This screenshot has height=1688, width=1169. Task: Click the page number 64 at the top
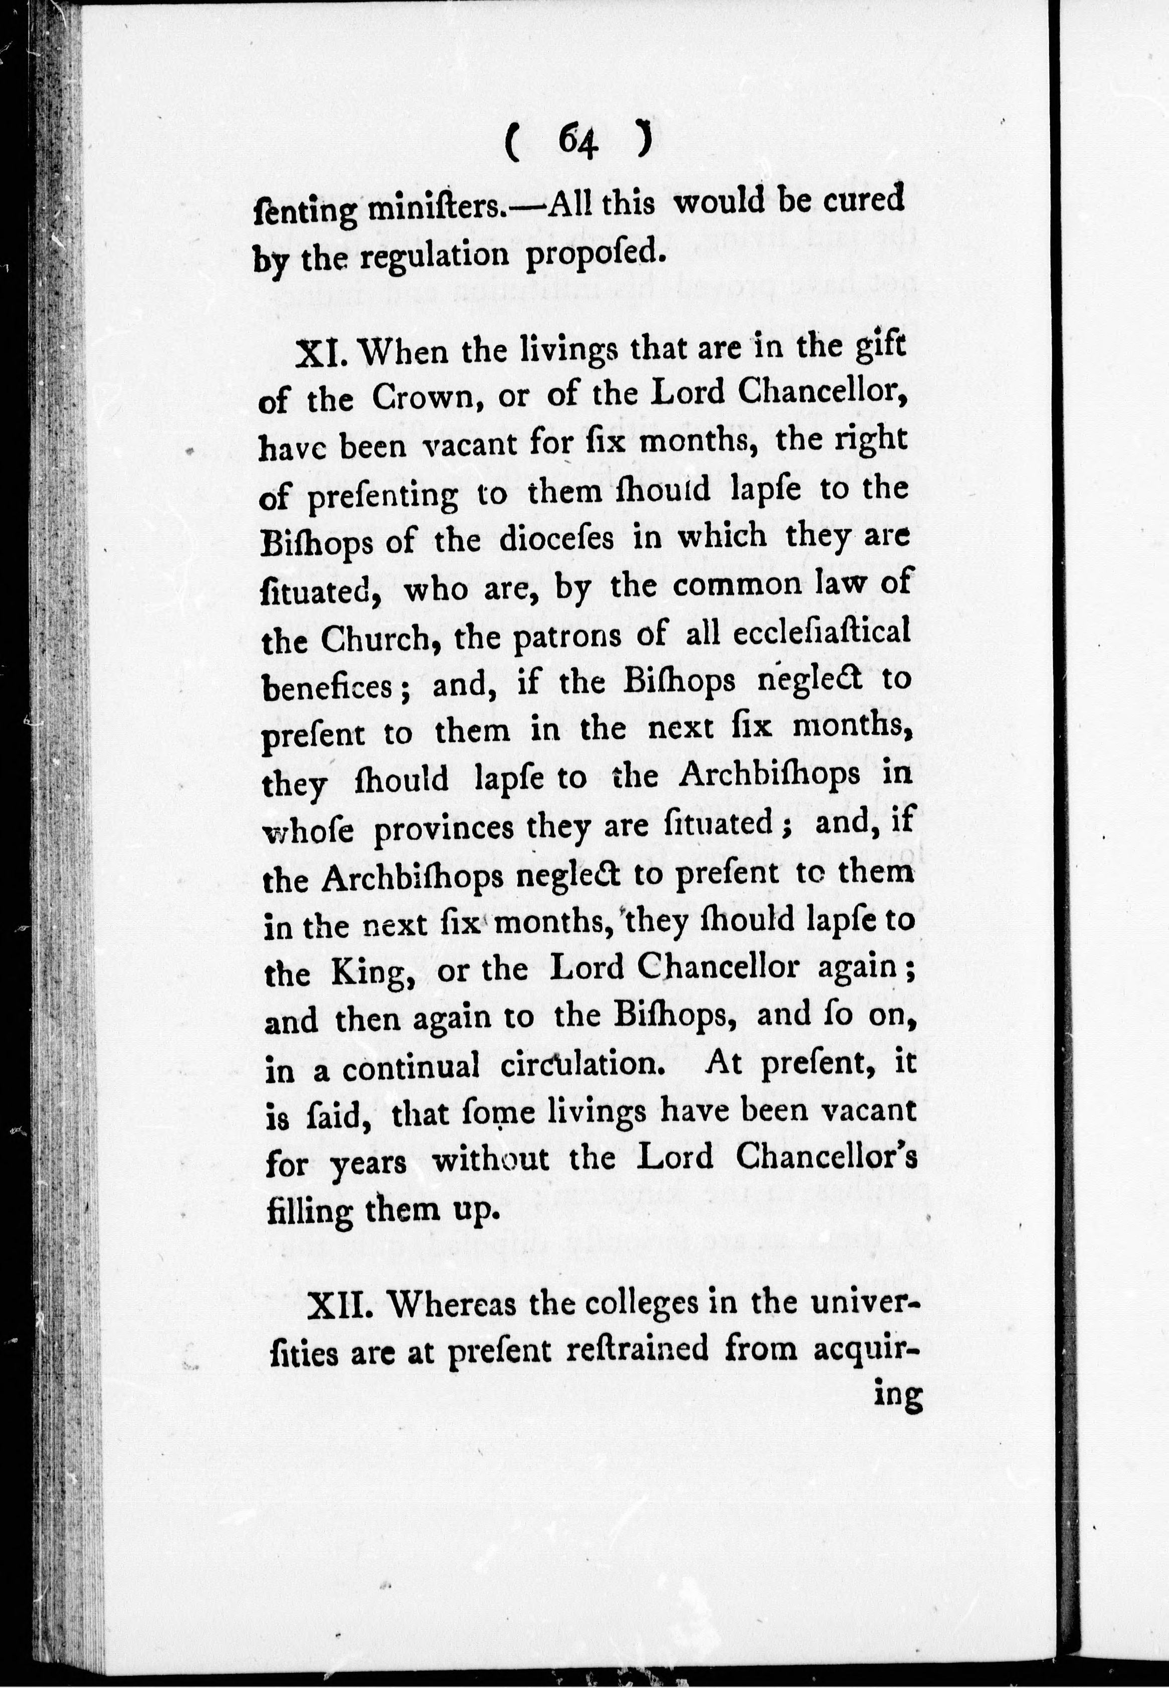pos(578,139)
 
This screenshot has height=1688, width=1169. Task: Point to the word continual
pos(410,1068)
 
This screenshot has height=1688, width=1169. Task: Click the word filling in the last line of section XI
pos(309,1210)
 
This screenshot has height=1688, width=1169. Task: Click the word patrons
pos(566,636)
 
